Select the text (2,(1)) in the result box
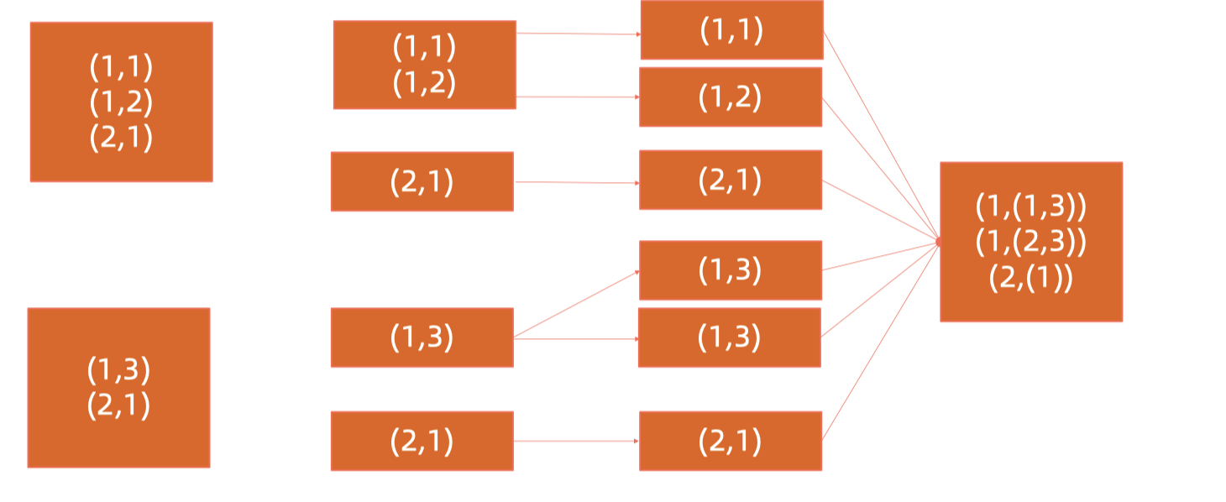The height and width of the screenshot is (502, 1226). pyautogui.click(x=1030, y=278)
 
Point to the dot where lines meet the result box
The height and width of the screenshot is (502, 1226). pyautogui.click(x=939, y=242)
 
